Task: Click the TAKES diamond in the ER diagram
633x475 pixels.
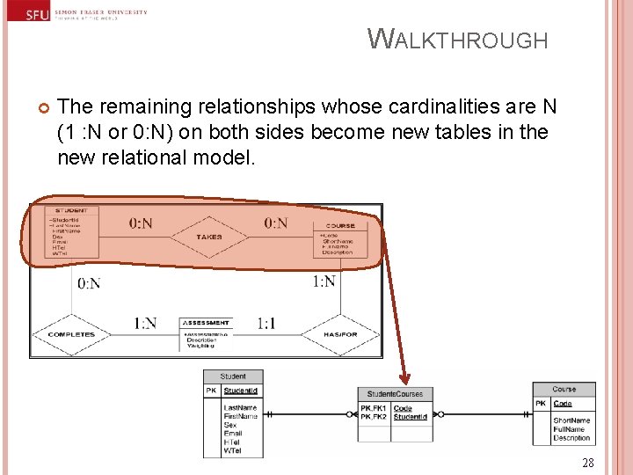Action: [x=209, y=237]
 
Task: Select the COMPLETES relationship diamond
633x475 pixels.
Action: [x=71, y=335]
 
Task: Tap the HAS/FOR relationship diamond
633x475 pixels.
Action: [x=339, y=335]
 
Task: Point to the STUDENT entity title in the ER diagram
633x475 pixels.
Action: [x=71, y=211]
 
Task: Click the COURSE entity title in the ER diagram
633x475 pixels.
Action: [x=339, y=226]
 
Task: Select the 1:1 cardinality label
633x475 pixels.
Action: [x=266, y=324]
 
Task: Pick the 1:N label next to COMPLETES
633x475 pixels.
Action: [x=145, y=324]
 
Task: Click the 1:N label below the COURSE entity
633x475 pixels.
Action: [x=324, y=281]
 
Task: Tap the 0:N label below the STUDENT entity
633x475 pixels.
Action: [x=89, y=283]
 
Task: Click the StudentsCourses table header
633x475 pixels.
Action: [x=395, y=394]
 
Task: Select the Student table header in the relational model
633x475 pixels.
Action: [x=233, y=376]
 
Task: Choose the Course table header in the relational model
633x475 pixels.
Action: [x=564, y=389]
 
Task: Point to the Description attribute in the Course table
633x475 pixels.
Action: [x=571, y=438]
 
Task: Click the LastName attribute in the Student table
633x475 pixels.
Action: [x=240, y=407]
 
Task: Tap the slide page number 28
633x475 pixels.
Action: [x=588, y=464]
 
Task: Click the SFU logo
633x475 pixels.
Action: [x=38, y=15]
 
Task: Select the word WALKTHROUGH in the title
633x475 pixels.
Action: [x=457, y=40]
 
